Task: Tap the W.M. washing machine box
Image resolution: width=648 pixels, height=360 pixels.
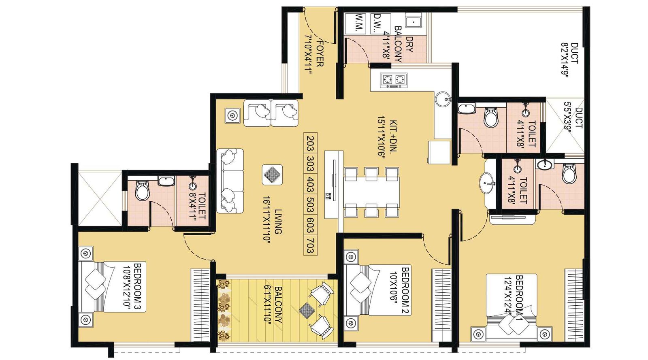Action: (359, 23)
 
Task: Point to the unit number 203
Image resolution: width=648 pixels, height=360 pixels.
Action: (310, 143)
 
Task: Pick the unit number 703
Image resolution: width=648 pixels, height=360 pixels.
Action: (310, 246)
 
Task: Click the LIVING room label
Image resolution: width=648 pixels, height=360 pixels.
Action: (278, 222)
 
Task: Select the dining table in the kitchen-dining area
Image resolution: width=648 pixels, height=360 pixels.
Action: (371, 192)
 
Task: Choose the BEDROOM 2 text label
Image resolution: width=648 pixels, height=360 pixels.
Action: (405, 290)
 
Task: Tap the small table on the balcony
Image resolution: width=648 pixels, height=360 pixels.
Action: (307, 310)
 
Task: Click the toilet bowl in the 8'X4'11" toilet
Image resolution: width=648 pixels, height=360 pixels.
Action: (142, 191)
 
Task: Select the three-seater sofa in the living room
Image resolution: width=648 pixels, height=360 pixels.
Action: (230, 181)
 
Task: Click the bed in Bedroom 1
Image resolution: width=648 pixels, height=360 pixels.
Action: (511, 308)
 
